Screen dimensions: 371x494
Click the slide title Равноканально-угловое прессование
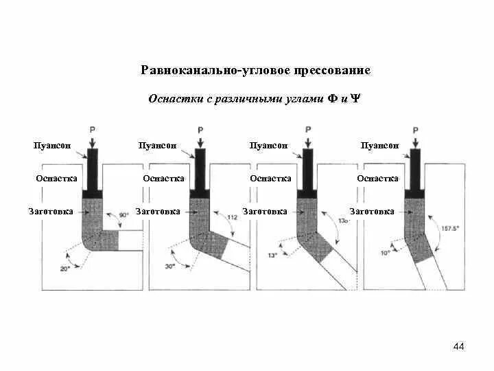[255, 70]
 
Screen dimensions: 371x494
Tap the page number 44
[459, 346]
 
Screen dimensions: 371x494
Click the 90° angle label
[124, 215]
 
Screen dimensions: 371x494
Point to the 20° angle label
[65, 269]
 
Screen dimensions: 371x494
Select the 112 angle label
[232, 217]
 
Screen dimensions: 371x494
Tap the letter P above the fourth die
[415, 129]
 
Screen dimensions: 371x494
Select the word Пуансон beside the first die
[53, 146]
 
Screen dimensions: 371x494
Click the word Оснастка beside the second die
[163, 179]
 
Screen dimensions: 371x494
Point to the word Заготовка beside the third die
[265, 212]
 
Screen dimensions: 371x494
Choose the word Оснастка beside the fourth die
[377, 179]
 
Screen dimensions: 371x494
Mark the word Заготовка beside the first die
[51, 212]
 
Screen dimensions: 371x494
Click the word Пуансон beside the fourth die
[379, 146]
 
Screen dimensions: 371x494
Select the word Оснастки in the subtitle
[176, 99]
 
